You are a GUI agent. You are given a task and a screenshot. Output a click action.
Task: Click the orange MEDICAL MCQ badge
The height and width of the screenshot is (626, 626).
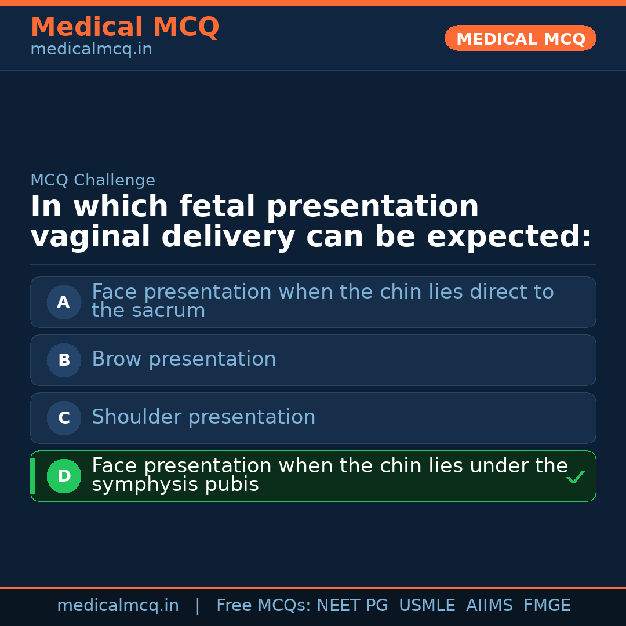[520, 38]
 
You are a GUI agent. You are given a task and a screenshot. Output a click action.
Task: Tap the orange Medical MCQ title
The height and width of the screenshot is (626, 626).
[125, 27]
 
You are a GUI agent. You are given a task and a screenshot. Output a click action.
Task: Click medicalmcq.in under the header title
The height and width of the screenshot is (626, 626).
[91, 50]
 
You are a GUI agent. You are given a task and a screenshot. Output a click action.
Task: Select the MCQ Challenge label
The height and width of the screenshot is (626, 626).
[93, 180]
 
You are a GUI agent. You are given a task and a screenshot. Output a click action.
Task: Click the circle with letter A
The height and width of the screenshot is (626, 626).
[64, 302]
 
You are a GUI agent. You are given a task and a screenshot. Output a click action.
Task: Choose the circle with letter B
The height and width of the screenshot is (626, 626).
[64, 360]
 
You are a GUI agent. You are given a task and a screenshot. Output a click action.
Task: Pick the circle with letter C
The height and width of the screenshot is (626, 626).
[64, 418]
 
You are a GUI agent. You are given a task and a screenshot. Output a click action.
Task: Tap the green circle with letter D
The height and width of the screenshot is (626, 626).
[64, 476]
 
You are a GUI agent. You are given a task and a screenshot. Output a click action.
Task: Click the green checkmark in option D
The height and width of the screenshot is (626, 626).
[575, 478]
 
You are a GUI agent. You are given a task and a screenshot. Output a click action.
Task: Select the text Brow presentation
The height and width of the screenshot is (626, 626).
[184, 359]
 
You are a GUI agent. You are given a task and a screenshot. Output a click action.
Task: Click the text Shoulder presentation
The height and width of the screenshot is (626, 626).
[203, 417]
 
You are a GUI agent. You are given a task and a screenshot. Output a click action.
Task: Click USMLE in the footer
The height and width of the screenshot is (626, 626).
[427, 606]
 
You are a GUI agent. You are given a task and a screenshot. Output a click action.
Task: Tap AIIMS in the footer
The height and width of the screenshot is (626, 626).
[489, 606]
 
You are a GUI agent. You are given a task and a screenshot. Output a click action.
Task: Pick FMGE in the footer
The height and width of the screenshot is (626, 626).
[547, 606]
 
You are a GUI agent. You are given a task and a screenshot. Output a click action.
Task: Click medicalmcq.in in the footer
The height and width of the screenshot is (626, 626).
[118, 606]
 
